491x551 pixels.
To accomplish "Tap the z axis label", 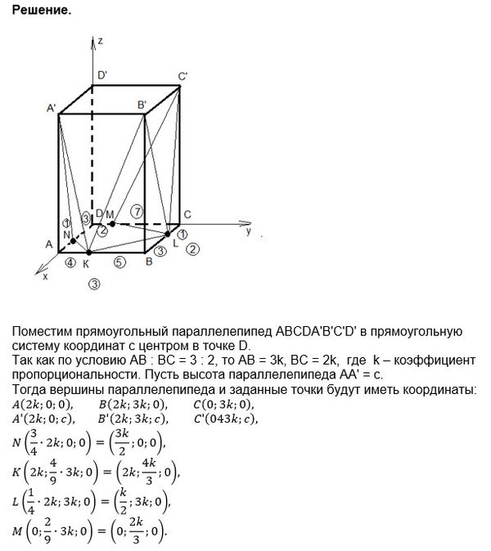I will (99, 40).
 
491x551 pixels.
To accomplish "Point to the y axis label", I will (248, 232).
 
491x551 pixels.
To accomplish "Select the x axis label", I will (44, 277).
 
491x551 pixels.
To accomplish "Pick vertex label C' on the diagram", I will (183, 77).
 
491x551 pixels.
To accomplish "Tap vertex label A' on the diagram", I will (52, 108).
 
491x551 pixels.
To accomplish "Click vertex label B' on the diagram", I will (142, 105).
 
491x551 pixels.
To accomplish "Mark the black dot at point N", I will (73, 241).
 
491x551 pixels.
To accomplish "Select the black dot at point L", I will (168, 234).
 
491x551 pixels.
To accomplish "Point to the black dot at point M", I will (112, 223).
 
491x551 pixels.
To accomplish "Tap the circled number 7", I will (137, 211).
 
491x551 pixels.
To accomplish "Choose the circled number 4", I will (71, 262).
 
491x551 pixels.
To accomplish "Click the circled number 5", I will (119, 262).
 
